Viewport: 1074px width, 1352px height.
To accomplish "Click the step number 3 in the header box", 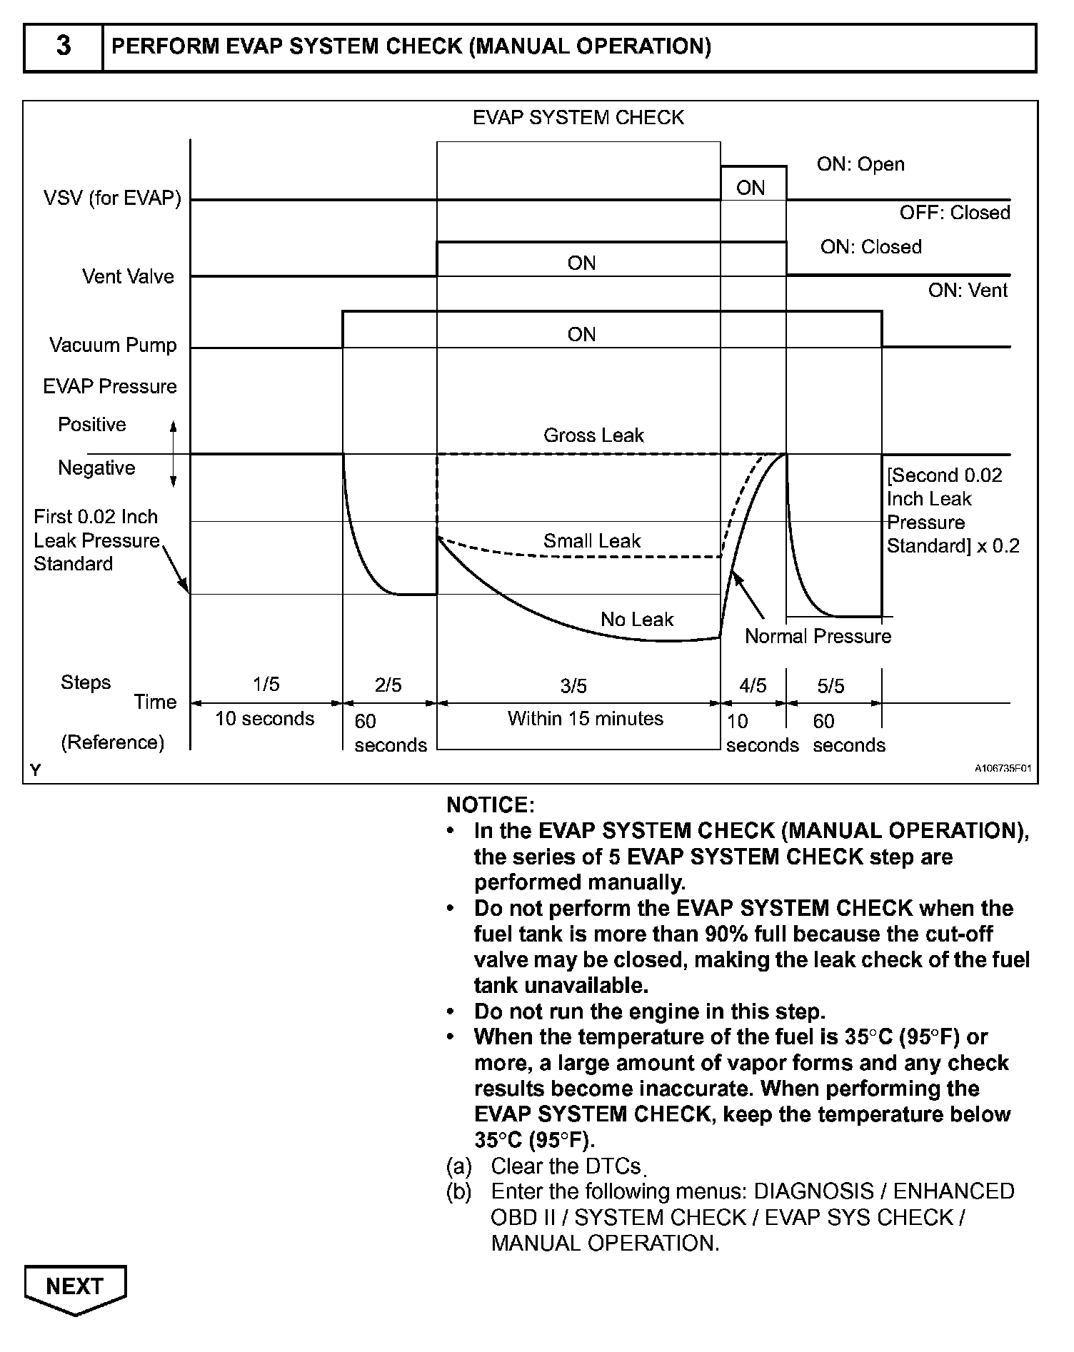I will pyautogui.click(x=64, y=46).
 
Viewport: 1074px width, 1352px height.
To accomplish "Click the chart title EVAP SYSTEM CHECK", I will pyautogui.click(x=578, y=118).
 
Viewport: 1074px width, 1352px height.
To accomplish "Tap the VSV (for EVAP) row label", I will pyautogui.click(x=112, y=198).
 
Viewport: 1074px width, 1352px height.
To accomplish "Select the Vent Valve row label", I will pyautogui.click(x=128, y=276).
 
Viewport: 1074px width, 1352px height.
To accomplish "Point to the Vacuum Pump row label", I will pyautogui.click(x=113, y=345).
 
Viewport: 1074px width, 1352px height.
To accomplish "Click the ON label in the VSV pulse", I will pyautogui.click(x=751, y=188).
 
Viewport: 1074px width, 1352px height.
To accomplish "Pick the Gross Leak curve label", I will pyautogui.click(x=593, y=435).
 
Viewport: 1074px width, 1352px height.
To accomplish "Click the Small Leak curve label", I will pyautogui.click(x=592, y=541).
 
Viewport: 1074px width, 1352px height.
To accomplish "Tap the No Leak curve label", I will pyautogui.click(x=637, y=620).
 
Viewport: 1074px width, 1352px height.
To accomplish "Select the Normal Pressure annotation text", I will pyautogui.click(x=818, y=637).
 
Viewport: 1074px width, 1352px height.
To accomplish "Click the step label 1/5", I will pyautogui.click(x=266, y=685).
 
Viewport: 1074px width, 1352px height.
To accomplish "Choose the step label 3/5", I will pyautogui.click(x=573, y=686).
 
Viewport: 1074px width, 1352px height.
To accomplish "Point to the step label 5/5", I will pyautogui.click(x=830, y=686).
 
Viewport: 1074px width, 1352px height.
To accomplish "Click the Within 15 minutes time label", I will pyautogui.click(x=586, y=718).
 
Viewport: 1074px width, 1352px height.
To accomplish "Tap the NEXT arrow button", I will pyautogui.click(x=75, y=1287).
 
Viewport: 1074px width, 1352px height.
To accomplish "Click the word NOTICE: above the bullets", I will pyautogui.click(x=490, y=805).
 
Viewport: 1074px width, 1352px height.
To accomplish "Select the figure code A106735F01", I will pyautogui.click(x=1003, y=769).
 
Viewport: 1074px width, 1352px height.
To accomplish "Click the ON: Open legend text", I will pyautogui.click(x=860, y=164).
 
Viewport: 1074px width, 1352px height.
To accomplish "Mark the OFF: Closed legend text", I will pyautogui.click(x=955, y=213).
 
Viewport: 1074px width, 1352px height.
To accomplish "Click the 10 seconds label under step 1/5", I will pyautogui.click(x=264, y=718).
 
